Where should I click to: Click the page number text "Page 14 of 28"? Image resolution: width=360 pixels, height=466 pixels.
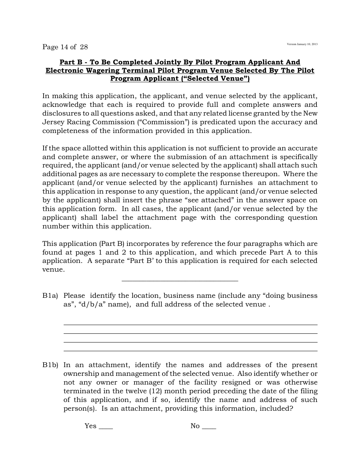pos(65,47)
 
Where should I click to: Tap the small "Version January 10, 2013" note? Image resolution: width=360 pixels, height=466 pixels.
pos(302,44)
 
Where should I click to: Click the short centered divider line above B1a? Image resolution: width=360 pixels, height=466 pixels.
pos(180,281)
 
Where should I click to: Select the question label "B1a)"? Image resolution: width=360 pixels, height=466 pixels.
pos(50,296)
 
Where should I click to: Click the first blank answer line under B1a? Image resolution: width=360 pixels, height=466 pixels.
pos(190,325)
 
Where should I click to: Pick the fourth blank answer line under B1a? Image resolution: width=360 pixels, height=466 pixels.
pos(190,351)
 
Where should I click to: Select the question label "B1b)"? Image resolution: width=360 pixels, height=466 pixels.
pos(50,365)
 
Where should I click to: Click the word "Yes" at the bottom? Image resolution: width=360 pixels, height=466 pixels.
pos(91,426)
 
